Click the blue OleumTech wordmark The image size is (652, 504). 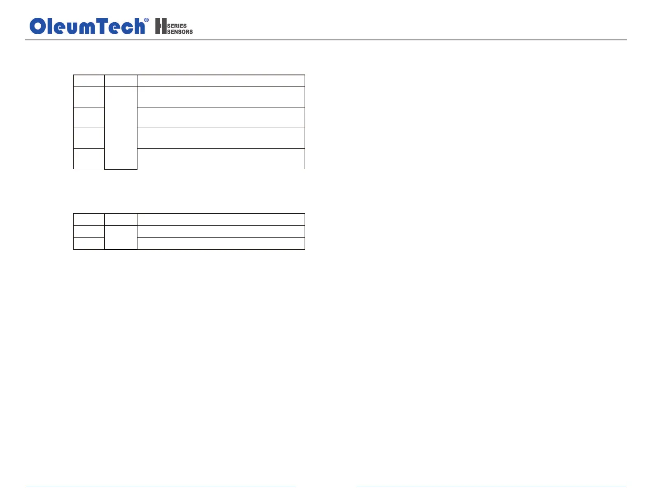click(87, 26)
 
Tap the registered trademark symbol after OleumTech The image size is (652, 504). click(147, 20)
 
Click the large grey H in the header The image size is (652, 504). click(161, 26)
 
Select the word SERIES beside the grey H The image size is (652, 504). click(177, 26)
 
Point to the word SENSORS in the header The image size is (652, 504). click(180, 32)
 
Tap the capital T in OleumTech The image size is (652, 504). click(102, 26)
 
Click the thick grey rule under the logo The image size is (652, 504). click(325, 40)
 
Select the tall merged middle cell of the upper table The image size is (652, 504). click(121, 128)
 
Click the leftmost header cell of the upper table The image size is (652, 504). click(89, 81)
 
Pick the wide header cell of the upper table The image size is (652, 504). click(221, 81)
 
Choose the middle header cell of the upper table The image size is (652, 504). click(121, 81)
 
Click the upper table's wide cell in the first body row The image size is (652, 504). click(221, 97)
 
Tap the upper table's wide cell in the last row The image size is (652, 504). click(221, 159)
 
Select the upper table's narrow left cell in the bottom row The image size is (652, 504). click(89, 159)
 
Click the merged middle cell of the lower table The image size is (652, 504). click(121, 237)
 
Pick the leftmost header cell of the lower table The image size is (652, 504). click(89, 219)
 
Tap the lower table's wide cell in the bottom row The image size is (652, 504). click(221, 243)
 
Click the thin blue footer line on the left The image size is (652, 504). click(161, 486)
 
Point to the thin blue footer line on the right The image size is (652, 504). click(491, 486)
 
